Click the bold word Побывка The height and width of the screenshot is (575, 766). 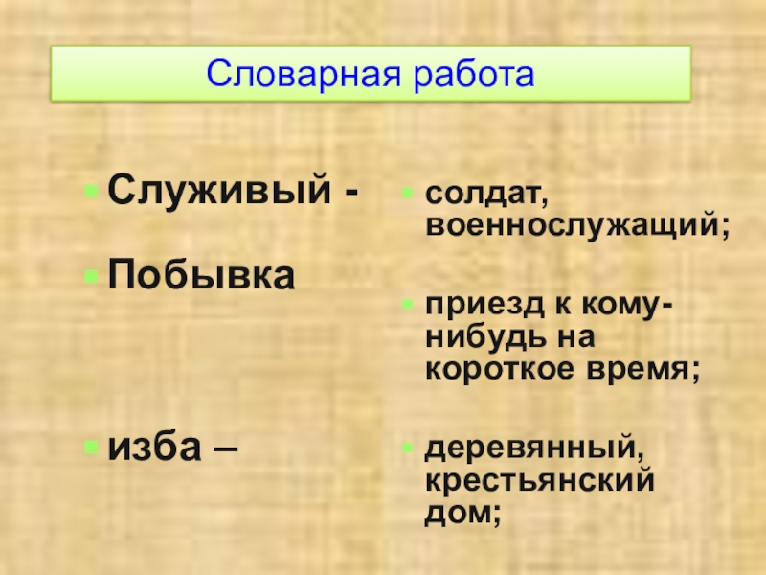pos(200,276)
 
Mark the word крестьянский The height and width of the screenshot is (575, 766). pos(540,479)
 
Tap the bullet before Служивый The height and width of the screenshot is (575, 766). pos(90,191)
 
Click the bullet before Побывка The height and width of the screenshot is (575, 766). pos(90,277)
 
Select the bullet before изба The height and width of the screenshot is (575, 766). pos(90,446)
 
